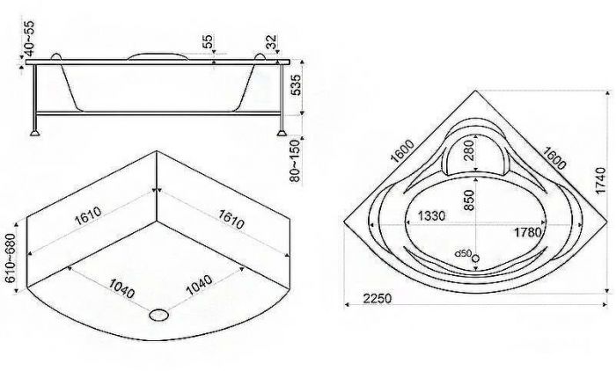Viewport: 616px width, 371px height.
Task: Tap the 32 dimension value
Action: click(x=271, y=42)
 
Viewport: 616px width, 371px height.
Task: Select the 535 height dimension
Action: click(x=296, y=84)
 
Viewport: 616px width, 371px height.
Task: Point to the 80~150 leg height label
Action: click(x=296, y=161)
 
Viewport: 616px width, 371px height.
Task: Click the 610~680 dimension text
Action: click(x=11, y=258)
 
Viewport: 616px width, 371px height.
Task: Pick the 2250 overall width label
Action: click(x=378, y=299)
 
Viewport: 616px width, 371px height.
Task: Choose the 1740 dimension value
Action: click(x=601, y=180)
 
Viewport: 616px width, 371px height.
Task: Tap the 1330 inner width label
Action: click(x=431, y=215)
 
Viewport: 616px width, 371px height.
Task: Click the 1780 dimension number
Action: click(x=528, y=232)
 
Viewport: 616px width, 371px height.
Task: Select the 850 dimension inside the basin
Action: click(x=469, y=200)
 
